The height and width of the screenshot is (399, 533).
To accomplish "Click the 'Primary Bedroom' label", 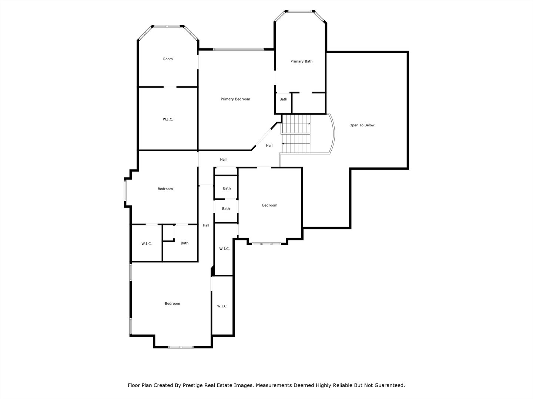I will click(x=235, y=99).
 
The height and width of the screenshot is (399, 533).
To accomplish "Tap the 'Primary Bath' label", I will click(x=301, y=61).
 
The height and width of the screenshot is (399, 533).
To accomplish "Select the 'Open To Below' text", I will click(x=362, y=125).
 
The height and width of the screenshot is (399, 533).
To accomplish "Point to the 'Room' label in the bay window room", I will click(x=168, y=59).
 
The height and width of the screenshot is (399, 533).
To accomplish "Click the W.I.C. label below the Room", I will click(x=168, y=119).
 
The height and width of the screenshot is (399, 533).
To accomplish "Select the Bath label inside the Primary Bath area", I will click(x=283, y=99).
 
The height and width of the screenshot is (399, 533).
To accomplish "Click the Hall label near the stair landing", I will click(x=269, y=146).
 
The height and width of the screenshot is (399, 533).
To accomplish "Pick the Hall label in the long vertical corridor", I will click(x=206, y=225).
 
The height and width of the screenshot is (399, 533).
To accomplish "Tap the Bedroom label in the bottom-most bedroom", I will click(x=172, y=304).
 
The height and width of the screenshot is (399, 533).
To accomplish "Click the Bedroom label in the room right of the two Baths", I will click(x=269, y=205).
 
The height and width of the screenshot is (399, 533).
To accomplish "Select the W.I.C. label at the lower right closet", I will click(x=222, y=306).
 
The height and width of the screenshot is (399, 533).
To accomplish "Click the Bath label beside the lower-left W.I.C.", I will click(x=184, y=243).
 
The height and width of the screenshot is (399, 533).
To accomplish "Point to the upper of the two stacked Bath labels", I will click(x=227, y=188).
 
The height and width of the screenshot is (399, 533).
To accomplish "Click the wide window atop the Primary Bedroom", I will click(x=238, y=49).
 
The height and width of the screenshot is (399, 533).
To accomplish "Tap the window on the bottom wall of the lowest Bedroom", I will click(x=181, y=347).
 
